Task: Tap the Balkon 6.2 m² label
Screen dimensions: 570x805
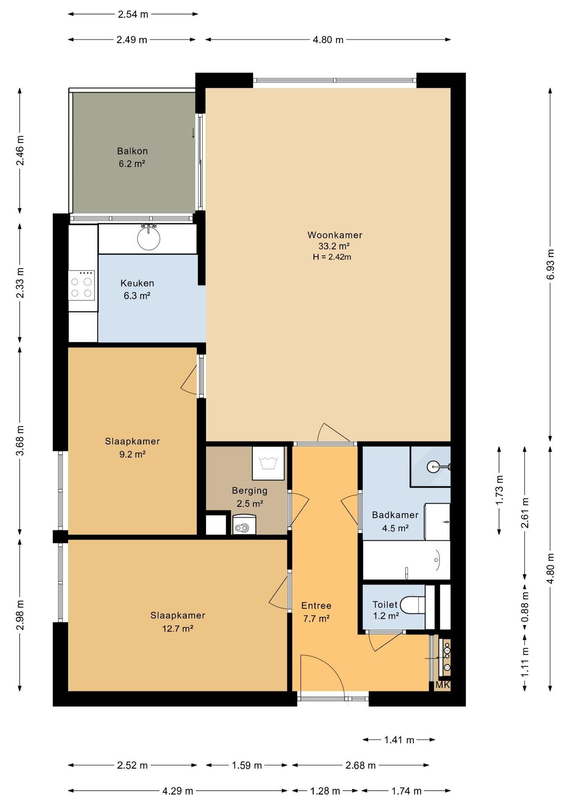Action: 132,157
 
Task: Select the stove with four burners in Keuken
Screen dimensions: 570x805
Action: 81,285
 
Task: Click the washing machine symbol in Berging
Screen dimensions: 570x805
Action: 268,463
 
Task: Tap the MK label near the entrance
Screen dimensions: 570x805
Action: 443,685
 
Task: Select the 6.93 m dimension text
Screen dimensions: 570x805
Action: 551,264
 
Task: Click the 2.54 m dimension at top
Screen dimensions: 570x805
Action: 133,14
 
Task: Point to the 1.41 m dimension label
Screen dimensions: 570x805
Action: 399,740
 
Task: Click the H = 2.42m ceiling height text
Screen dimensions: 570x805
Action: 332,257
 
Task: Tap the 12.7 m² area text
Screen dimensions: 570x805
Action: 178,628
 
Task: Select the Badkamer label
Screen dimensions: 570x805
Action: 395,515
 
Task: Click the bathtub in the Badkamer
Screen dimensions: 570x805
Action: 406,560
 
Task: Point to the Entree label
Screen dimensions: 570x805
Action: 316,605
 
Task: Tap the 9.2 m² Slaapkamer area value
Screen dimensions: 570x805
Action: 132,454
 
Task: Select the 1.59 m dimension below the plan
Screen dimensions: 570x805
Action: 247,766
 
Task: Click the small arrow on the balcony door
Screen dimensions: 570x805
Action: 193,132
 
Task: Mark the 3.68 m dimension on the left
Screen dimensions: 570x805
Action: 20,440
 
